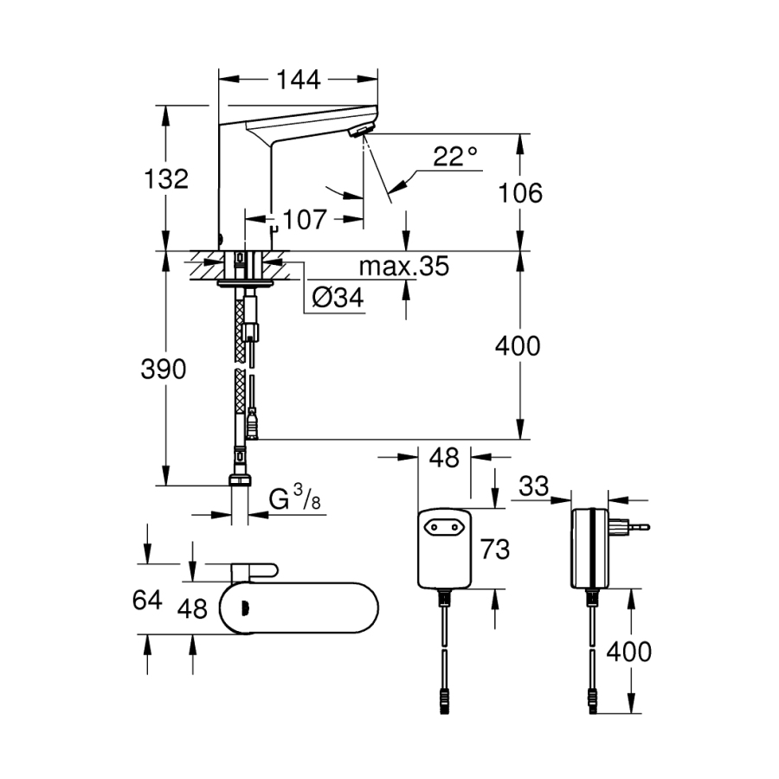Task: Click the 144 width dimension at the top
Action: point(299,80)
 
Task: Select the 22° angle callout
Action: point(455,157)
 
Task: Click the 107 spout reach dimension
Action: point(304,219)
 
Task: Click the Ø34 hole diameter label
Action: point(336,299)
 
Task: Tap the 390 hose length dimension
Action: point(164,370)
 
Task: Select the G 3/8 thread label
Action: point(290,500)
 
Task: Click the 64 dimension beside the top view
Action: point(148,599)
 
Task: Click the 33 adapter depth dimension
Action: point(535,486)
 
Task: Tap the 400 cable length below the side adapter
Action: point(628,651)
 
